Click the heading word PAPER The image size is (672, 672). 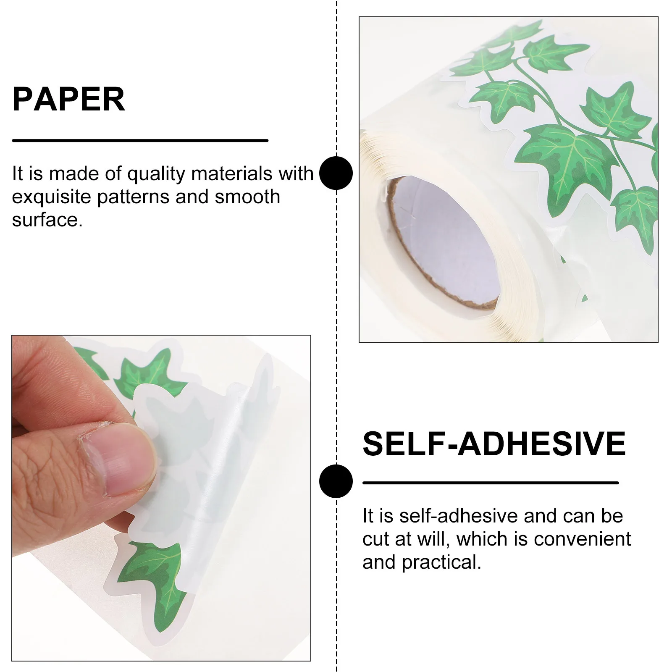[68, 99]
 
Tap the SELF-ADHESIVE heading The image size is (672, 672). [494, 444]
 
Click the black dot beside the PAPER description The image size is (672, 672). [336, 173]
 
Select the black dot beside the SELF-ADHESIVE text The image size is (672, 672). [336, 481]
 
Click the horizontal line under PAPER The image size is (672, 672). [140, 140]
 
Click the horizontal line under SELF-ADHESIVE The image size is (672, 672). [490, 483]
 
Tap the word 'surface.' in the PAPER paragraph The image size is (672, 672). [47, 220]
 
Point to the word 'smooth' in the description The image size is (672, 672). [247, 197]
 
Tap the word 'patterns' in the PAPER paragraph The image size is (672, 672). [133, 197]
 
